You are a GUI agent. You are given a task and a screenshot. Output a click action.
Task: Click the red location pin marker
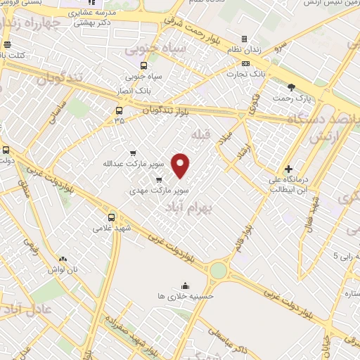[x=181, y=165]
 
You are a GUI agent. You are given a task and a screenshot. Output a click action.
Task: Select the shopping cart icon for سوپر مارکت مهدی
[x=158, y=179]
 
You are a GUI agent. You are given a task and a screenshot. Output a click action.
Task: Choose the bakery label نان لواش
[x=61, y=270]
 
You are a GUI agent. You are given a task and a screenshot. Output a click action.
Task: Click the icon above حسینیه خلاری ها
[x=185, y=285]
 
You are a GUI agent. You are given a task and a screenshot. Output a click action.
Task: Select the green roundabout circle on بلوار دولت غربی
[x=219, y=270]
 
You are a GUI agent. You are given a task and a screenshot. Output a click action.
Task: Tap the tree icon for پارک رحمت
[x=292, y=87]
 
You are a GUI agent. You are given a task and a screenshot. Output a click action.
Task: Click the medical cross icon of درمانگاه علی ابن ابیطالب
[x=288, y=169]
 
